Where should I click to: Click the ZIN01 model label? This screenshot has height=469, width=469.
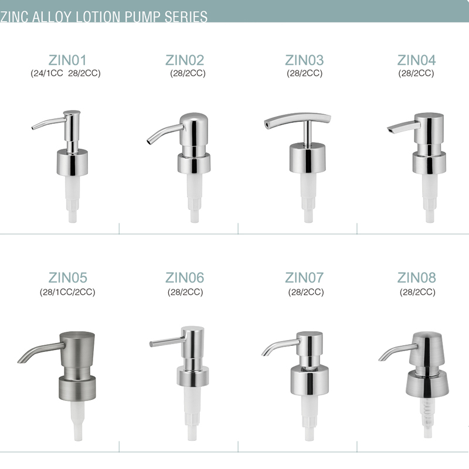(x=67, y=60)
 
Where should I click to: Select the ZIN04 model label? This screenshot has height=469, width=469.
(x=416, y=60)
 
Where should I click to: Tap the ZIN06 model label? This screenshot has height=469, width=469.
(x=185, y=277)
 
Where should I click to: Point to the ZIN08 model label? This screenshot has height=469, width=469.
(x=416, y=277)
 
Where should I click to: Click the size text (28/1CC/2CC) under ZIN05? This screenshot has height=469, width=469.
(x=67, y=292)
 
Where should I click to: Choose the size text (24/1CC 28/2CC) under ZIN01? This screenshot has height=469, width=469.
(x=66, y=73)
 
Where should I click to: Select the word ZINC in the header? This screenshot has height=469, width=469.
(x=14, y=17)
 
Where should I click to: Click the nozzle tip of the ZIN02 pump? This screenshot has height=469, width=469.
(x=149, y=142)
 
